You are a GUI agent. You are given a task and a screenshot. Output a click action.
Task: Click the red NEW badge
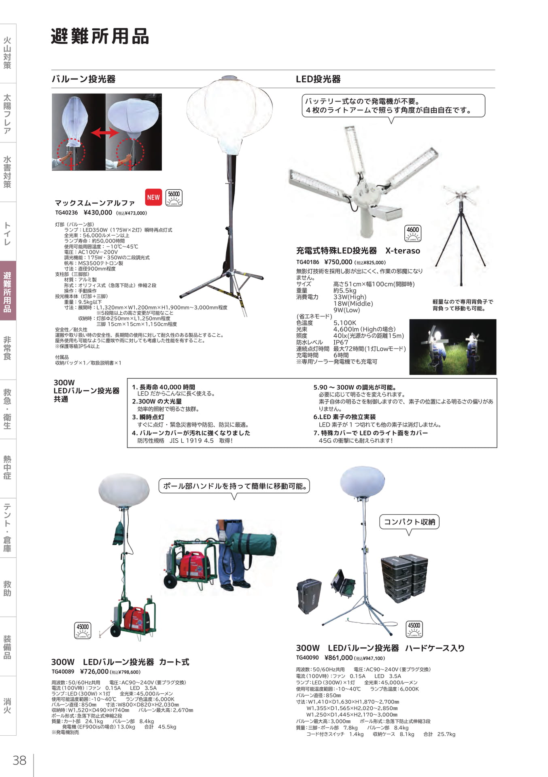[x=153, y=197]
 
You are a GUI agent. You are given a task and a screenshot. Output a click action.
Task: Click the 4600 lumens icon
[x=413, y=234]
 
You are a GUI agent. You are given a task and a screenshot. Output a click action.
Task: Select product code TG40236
[x=66, y=213]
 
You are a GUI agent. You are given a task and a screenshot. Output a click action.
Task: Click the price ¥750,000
[x=338, y=262]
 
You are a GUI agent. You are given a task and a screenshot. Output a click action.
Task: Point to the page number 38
[x=19, y=760]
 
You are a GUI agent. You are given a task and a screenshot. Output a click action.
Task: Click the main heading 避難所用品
[x=100, y=36]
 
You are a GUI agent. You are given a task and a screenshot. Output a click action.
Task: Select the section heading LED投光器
[x=318, y=79]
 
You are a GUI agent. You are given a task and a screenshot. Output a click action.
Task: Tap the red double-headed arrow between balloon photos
[x=104, y=133]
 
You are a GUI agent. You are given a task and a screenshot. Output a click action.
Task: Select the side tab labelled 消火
[x=8, y=706]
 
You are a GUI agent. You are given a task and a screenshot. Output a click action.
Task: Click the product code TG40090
[x=307, y=658]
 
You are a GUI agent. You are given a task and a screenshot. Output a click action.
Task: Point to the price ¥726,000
[x=94, y=672]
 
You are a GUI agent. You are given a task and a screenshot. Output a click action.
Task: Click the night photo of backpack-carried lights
[x=453, y=347]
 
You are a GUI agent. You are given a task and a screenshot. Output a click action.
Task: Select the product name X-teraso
[x=403, y=251]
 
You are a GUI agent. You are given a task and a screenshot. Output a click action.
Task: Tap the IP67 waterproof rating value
[x=341, y=342]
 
